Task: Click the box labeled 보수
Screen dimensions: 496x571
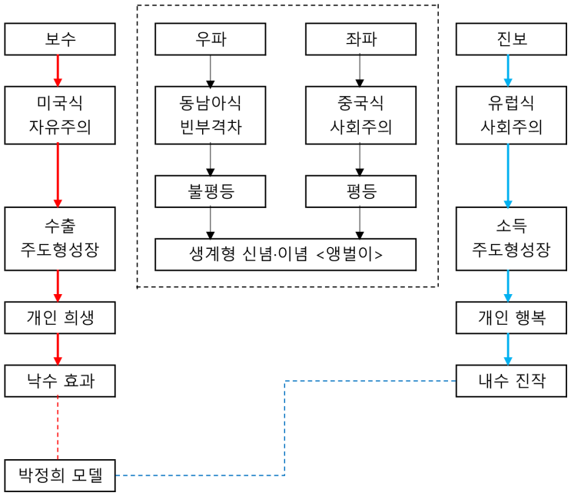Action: click(x=60, y=39)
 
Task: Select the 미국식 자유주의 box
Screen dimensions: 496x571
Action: click(x=60, y=115)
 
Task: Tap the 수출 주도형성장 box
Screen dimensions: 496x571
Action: click(x=60, y=239)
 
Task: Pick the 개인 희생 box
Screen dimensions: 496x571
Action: click(x=60, y=317)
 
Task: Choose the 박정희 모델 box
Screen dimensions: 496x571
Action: click(x=60, y=475)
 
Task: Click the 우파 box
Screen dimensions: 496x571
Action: click(x=210, y=39)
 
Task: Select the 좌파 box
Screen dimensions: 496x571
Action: click(x=360, y=39)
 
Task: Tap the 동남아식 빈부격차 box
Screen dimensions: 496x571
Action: click(x=210, y=115)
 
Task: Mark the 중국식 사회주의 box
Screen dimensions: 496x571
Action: click(x=360, y=115)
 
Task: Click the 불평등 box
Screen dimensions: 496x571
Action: click(x=210, y=192)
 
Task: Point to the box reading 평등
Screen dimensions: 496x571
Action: click(x=360, y=192)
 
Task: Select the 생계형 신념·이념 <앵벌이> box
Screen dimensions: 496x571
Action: click(x=285, y=254)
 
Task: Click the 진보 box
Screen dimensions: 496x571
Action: click(x=507, y=39)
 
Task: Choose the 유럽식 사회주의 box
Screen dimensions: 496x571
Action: click(x=507, y=115)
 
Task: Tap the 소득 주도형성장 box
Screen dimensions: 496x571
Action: click(x=507, y=239)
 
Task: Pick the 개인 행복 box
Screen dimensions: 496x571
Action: click(x=507, y=317)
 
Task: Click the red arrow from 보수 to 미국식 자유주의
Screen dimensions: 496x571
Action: click(x=58, y=71)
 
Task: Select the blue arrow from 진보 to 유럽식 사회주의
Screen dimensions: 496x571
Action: click(x=507, y=71)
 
